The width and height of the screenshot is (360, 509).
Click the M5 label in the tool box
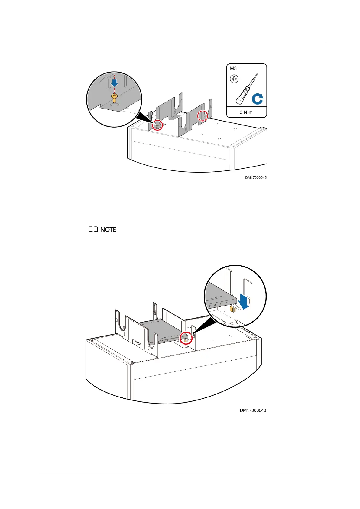(233, 69)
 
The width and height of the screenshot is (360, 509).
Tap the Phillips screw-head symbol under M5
(234, 79)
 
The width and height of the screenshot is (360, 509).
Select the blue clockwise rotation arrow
(258, 99)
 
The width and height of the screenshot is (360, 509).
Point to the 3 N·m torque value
(246, 112)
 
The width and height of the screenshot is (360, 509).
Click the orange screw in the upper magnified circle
(114, 97)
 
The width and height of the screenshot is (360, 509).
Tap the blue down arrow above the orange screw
(115, 83)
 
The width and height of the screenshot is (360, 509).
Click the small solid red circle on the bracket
(157, 125)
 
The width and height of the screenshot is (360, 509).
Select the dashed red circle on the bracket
(203, 115)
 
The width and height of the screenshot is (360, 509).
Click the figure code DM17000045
(256, 178)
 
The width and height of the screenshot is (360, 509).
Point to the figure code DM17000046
(253, 410)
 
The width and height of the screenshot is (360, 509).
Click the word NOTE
(108, 230)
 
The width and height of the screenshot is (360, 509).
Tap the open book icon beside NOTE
(93, 230)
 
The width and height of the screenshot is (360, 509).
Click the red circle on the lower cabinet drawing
(186, 339)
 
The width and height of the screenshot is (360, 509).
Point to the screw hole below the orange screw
(115, 105)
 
